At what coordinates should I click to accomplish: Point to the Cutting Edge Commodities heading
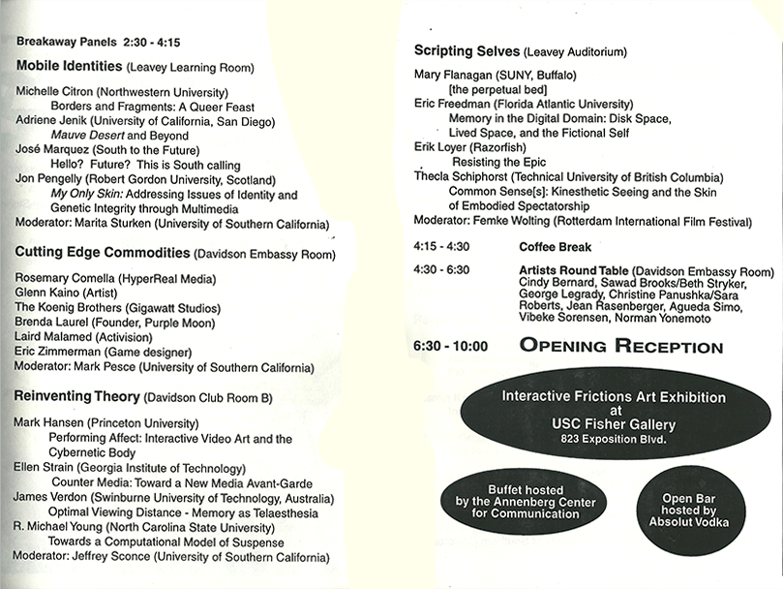102,253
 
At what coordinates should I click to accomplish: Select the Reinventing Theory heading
76,397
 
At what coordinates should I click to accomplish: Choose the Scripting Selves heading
467,50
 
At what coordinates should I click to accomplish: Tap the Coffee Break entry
555,247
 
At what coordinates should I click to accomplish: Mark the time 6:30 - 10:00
450,346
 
